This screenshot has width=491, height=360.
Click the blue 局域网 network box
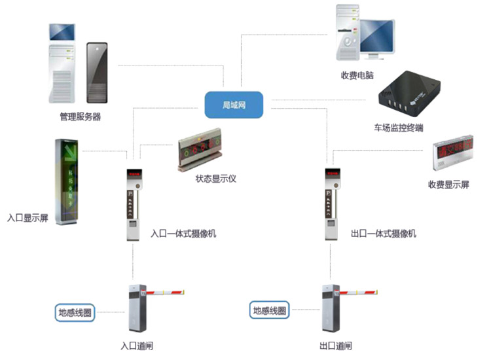(234, 105)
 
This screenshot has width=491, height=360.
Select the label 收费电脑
(357, 75)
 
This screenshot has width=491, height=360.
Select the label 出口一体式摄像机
(384, 234)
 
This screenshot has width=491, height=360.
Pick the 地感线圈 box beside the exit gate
(270, 311)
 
